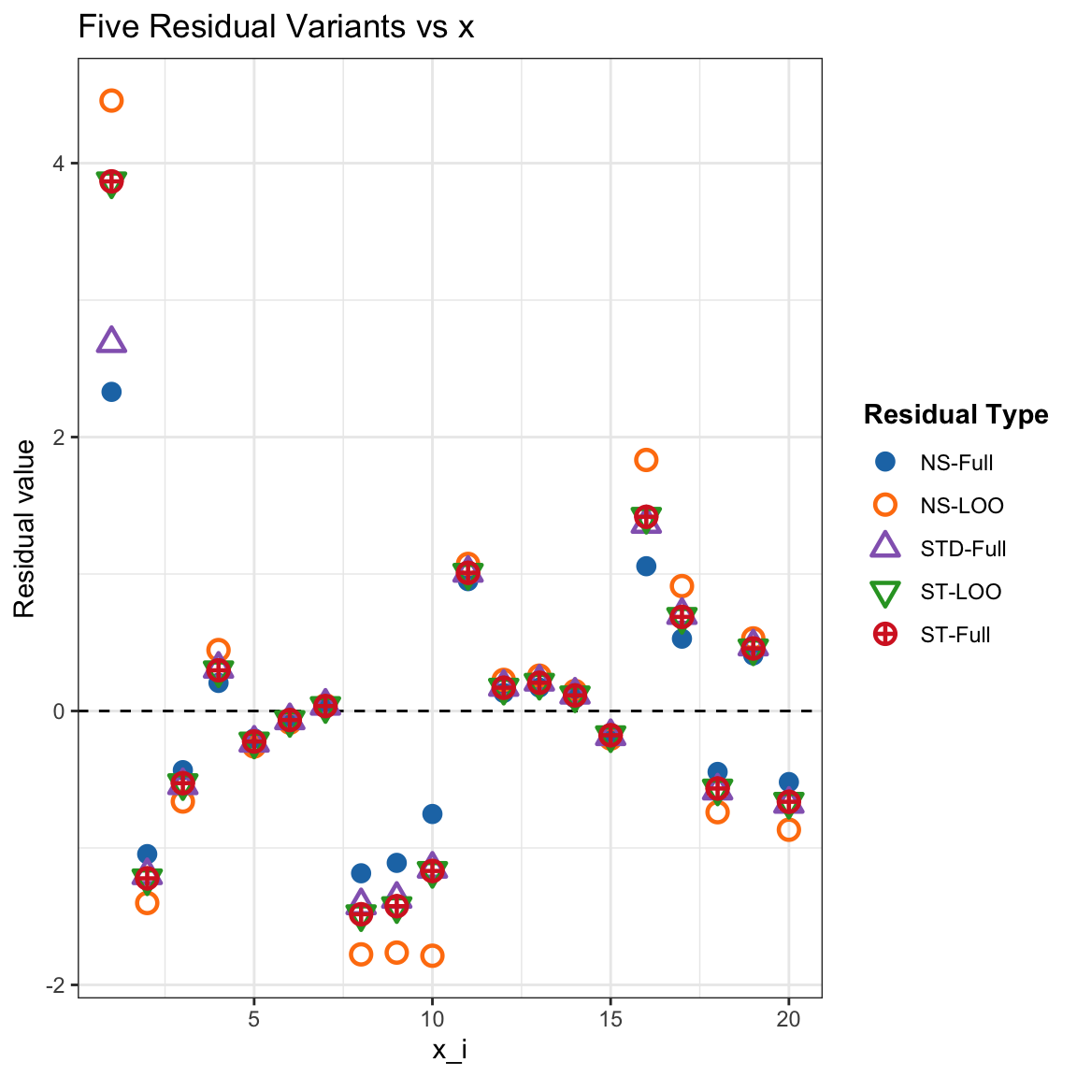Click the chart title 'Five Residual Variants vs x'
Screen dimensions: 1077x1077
tap(276, 27)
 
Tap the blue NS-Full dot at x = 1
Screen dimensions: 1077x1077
tap(111, 393)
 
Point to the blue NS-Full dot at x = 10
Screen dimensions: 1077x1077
tap(432, 814)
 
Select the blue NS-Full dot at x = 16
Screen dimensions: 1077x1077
tap(646, 567)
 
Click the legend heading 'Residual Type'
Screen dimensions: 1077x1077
tap(955, 415)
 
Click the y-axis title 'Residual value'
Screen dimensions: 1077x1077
tap(25, 529)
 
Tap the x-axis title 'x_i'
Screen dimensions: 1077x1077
tap(450, 1051)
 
